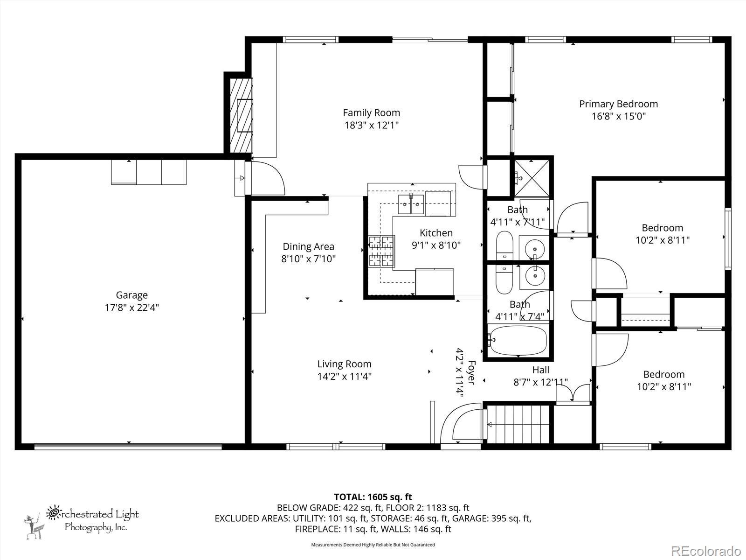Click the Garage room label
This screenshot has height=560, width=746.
[132, 295]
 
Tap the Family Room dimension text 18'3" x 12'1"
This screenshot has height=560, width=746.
[372, 125]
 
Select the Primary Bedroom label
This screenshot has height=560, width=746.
[619, 104]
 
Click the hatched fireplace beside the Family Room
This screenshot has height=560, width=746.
[242, 116]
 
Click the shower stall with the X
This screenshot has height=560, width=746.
[532, 178]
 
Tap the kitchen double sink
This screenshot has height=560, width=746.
[411, 204]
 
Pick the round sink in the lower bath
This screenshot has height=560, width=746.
[535, 276]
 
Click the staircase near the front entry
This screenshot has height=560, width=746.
[518, 424]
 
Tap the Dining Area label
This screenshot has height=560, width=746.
[309, 246]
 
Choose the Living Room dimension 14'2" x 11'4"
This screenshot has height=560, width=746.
[344, 377]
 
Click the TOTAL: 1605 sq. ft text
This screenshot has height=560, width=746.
[373, 497]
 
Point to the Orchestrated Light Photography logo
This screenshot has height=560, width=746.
[82, 523]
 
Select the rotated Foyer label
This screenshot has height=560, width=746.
[471, 372]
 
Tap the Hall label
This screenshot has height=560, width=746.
[541, 370]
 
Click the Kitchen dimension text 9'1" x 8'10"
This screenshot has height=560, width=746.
[436, 245]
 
